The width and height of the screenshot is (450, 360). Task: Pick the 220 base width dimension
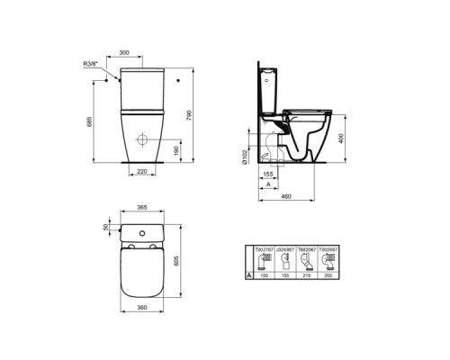pos(141,169)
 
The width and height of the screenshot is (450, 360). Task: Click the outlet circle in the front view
pos(141,141)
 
